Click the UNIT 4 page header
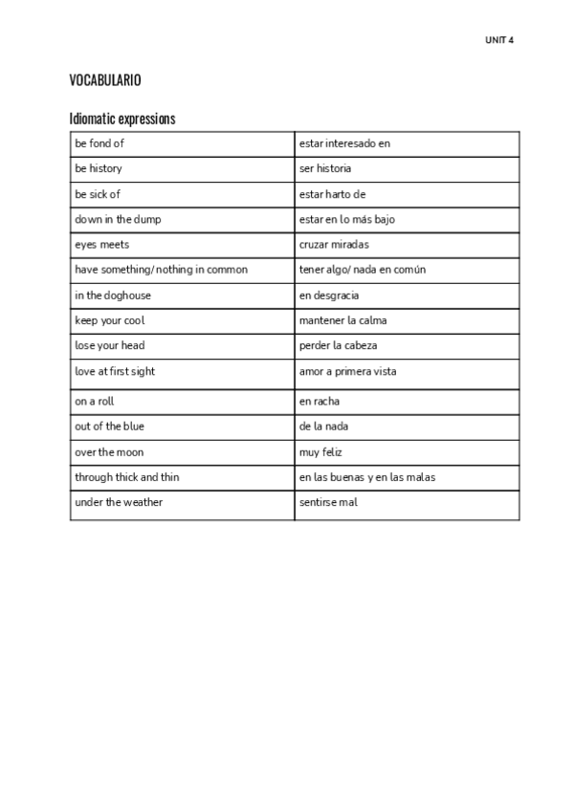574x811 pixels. coord(499,40)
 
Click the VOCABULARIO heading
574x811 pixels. coord(105,80)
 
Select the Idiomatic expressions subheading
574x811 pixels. coord(122,120)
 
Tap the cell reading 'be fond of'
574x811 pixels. coord(100,143)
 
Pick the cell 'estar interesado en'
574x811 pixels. coord(345,143)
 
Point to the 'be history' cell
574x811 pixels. coord(99,168)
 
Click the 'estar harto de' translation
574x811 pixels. coord(333,194)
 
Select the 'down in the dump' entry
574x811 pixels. coord(118,219)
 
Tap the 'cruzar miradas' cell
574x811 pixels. coord(334,244)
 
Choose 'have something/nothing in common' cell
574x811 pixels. coord(161,270)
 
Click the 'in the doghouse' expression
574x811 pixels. coord(113,296)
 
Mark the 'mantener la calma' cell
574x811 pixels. coord(343,320)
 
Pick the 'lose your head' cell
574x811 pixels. coord(110,345)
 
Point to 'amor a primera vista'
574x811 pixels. coord(348,371)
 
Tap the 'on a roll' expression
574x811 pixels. coord(95,402)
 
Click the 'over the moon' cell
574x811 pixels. coord(109,451)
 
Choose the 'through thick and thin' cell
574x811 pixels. coord(127,476)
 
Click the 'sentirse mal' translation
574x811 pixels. coord(328,502)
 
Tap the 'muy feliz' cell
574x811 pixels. coord(321,451)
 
